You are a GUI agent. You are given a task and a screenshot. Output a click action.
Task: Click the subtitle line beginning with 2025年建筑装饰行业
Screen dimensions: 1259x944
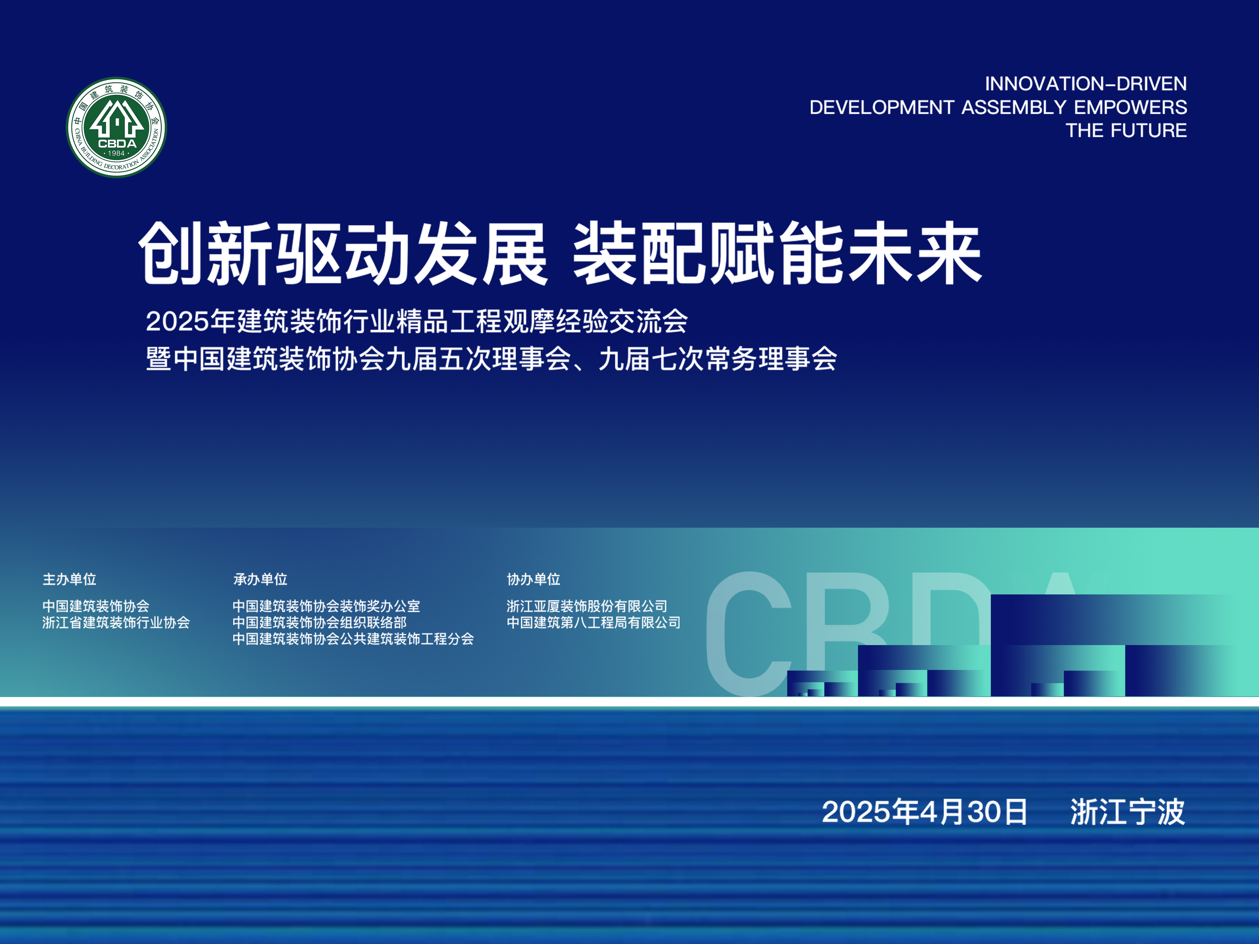417,321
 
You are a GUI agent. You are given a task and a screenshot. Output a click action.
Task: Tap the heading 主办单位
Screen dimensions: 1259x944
70,579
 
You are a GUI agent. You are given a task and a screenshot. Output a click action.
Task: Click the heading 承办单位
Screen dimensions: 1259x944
260,579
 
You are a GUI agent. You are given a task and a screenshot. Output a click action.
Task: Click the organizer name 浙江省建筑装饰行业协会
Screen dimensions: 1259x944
116,622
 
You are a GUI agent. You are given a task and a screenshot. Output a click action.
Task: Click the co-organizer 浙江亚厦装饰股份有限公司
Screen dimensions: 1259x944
587,606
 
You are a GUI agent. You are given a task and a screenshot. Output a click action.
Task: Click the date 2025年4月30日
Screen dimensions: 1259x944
925,812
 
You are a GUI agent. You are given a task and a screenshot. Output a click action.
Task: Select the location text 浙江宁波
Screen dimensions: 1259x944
1127,812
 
